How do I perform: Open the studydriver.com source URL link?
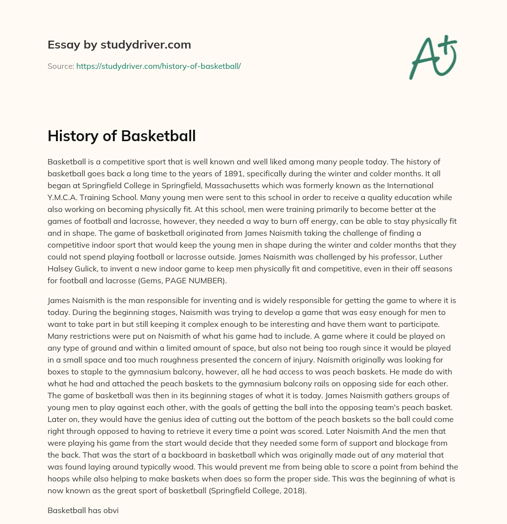[x=158, y=66]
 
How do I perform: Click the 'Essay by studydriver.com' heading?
[x=119, y=45]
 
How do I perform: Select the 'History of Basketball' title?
[x=121, y=136]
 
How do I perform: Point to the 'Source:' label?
[x=60, y=66]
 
